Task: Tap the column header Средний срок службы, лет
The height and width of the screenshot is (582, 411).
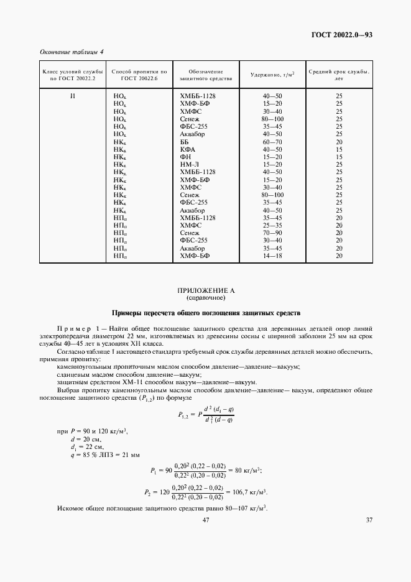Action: pyautogui.click(x=339, y=75)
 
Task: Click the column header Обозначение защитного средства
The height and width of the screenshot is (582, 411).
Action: pyautogui.click(x=205, y=75)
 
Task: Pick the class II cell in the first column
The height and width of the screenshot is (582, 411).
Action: pyautogui.click(x=72, y=96)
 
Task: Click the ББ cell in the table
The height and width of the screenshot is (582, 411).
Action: pyautogui.click(x=184, y=142)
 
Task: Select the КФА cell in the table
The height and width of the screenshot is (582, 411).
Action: pyautogui.click(x=187, y=149)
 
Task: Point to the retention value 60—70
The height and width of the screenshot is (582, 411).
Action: pyautogui.click(x=272, y=142)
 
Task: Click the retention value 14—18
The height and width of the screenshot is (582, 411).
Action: pyautogui.click(x=272, y=255)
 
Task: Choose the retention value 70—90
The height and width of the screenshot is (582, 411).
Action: pyautogui.click(x=272, y=233)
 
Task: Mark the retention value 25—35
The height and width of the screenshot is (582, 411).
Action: pyautogui.click(x=272, y=225)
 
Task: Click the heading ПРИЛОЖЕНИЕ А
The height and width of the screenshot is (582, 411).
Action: pyautogui.click(x=205, y=290)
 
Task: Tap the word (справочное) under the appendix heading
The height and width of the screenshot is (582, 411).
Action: pyautogui.click(x=205, y=298)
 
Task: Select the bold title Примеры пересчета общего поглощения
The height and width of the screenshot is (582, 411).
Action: pyautogui.click(x=205, y=312)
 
